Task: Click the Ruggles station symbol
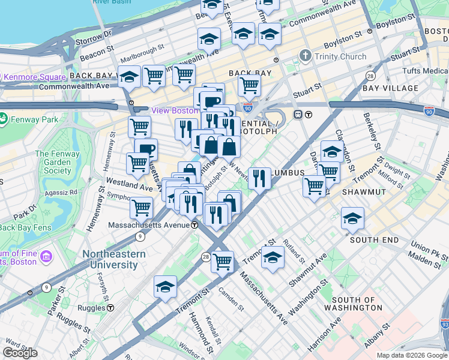(x=110, y=308)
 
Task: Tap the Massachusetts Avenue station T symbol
(x=195, y=225)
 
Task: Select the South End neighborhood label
(x=374, y=240)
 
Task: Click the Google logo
(x=20, y=353)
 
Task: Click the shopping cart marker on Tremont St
(x=223, y=261)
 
